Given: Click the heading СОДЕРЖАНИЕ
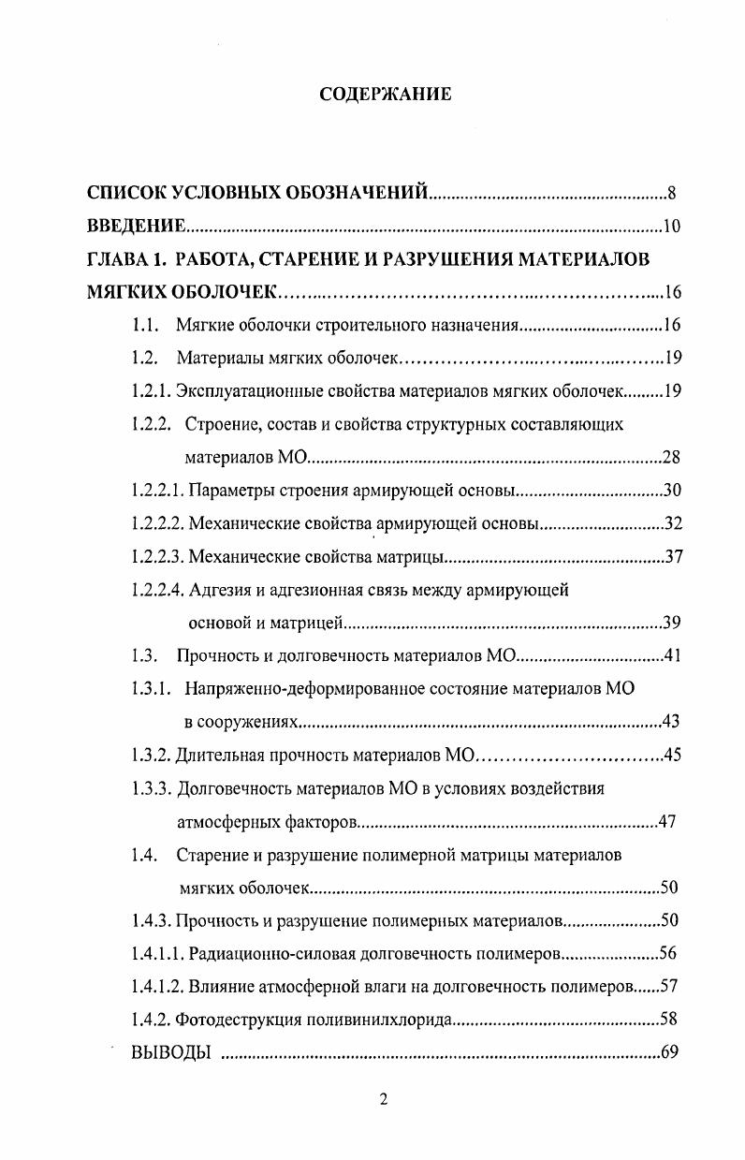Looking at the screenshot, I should (x=385, y=94).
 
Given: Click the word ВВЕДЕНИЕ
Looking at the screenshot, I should (x=135, y=227).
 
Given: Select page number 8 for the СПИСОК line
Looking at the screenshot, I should (x=671, y=195).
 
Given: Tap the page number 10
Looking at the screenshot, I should (x=670, y=227).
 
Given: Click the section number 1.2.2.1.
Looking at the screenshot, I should (x=157, y=490).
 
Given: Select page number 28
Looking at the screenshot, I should (x=669, y=457).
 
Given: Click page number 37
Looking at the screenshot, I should (x=673, y=557).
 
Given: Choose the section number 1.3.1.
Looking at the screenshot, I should (x=151, y=688).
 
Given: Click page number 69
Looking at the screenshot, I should (x=668, y=1051).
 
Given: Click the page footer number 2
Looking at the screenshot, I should (x=384, y=1099).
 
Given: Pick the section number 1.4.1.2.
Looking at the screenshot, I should (x=157, y=986).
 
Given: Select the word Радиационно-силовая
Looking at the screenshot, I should (x=266, y=953).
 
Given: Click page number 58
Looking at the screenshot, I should (x=668, y=1020).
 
